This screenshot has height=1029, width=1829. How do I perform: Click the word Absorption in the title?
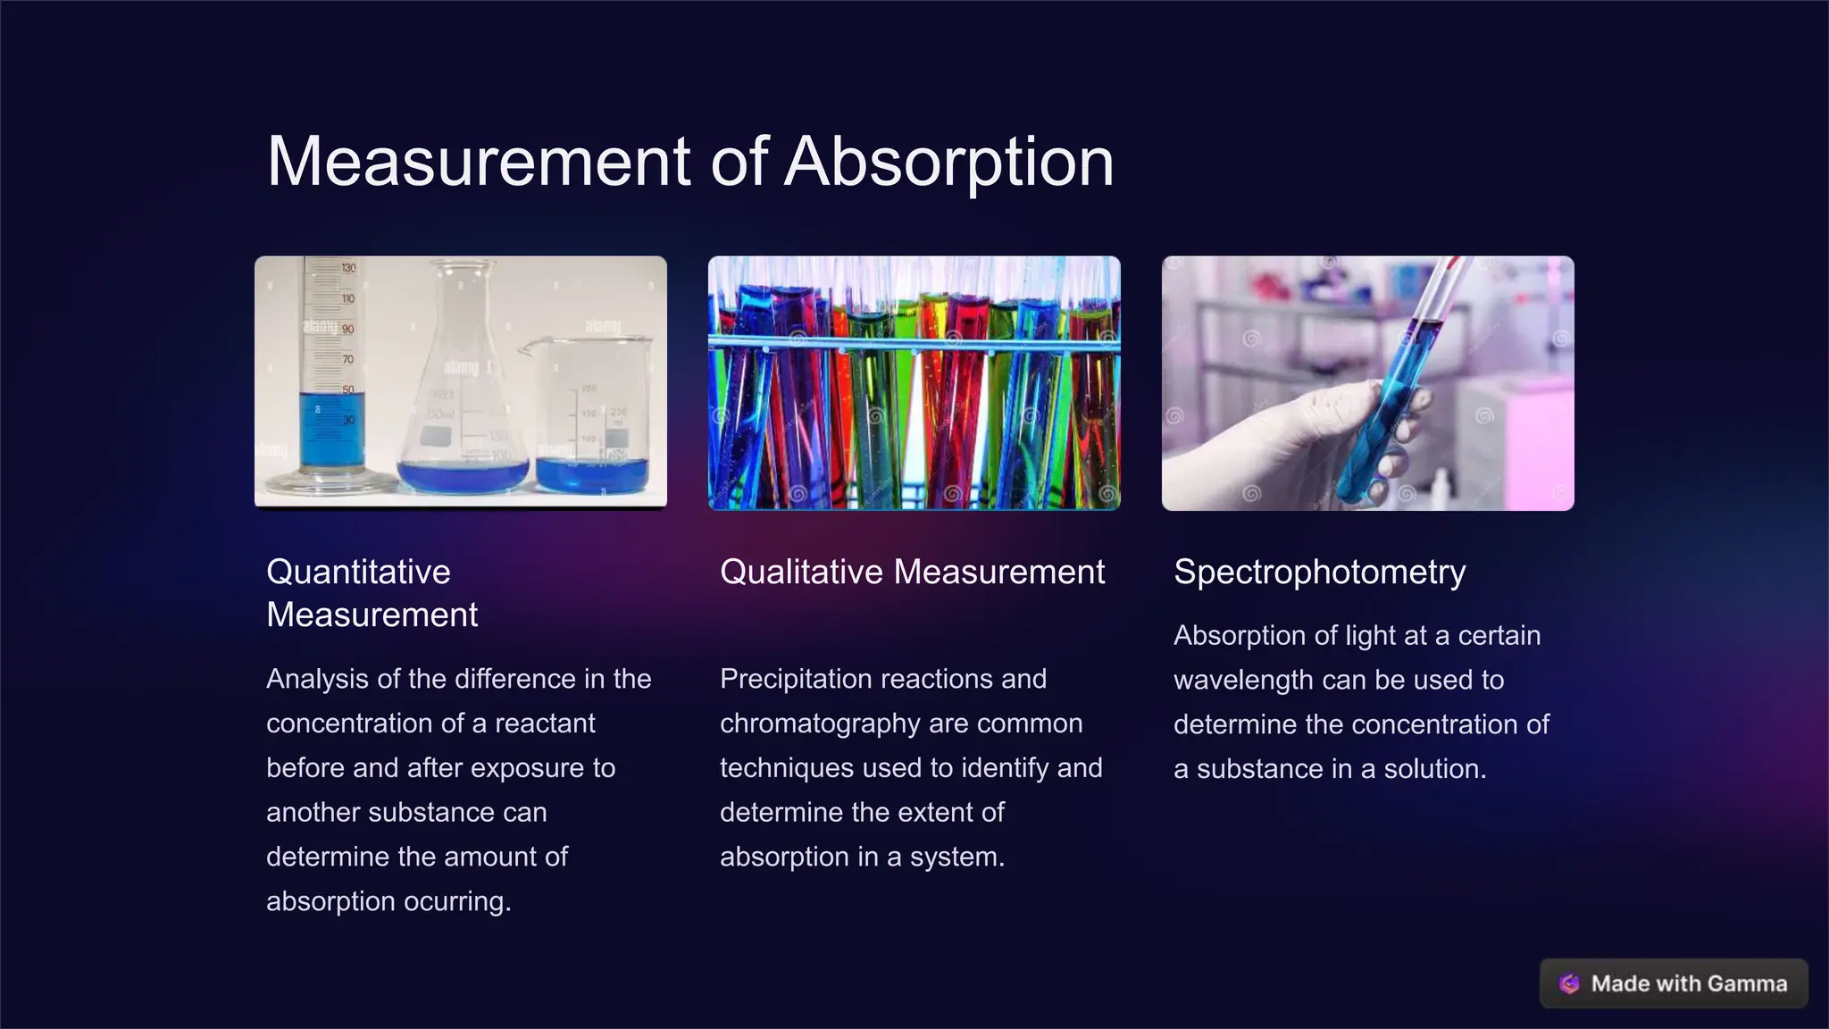[948, 163]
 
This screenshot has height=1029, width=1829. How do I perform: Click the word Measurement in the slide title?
[479, 163]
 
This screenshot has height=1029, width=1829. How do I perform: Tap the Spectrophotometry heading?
[1319, 572]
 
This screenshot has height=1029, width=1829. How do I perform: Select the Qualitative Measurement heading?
[912, 572]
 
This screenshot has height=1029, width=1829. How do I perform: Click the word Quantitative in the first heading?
[358, 572]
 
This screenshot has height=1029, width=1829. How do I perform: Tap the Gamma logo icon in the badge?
[1569, 983]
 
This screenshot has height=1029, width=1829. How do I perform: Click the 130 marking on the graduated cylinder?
[348, 268]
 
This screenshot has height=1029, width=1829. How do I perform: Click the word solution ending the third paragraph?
[1434, 769]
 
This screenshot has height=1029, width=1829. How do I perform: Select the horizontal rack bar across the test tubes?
[913, 344]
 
